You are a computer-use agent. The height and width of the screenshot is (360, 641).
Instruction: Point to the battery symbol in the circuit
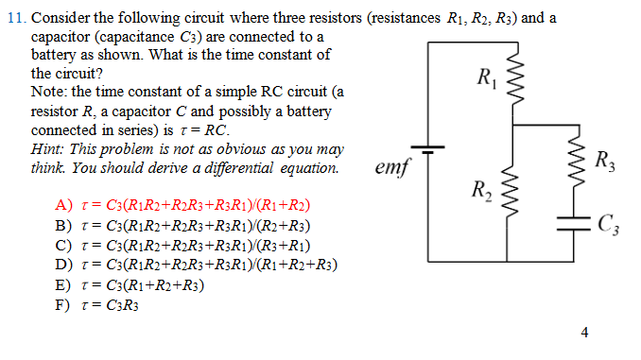(x=428, y=149)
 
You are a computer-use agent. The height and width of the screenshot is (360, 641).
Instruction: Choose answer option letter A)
(x=64, y=205)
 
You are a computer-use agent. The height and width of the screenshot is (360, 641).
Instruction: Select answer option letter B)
(x=64, y=225)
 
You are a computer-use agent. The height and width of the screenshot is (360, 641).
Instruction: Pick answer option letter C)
(x=64, y=245)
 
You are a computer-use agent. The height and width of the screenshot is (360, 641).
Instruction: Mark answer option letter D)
(x=64, y=265)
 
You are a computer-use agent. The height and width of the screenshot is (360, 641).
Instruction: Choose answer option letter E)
(x=64, y=284)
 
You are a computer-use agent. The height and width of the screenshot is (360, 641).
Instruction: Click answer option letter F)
(x=64, y=304)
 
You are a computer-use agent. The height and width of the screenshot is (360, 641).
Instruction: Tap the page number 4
(x=585, y=333)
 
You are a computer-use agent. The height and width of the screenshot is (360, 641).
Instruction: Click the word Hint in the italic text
(x=47, y=150)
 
